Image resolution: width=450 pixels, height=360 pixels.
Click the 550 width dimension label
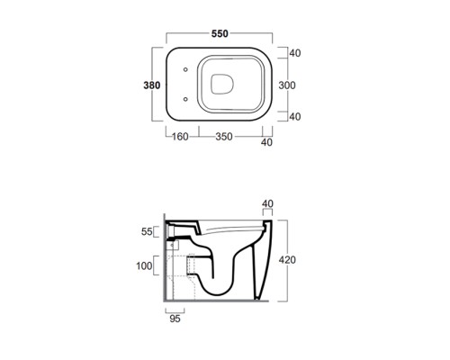(x=220, y=33)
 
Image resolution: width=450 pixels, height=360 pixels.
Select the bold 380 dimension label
(x=152, y=85)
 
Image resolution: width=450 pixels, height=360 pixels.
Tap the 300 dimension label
(x=287, y=85)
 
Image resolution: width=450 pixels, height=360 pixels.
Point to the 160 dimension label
(x=180, y=137)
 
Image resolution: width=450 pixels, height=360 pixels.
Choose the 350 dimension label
(x=224, y=137)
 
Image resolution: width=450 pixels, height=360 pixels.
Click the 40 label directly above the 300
(x=295, y=53)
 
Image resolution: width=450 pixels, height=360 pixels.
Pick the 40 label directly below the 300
(x=295, y=116)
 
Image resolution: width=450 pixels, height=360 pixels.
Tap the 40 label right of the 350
(x=266, y=142)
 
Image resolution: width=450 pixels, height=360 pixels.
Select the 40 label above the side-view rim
(x=267, y=203)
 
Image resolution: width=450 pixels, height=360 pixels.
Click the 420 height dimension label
(x=287, y=260)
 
